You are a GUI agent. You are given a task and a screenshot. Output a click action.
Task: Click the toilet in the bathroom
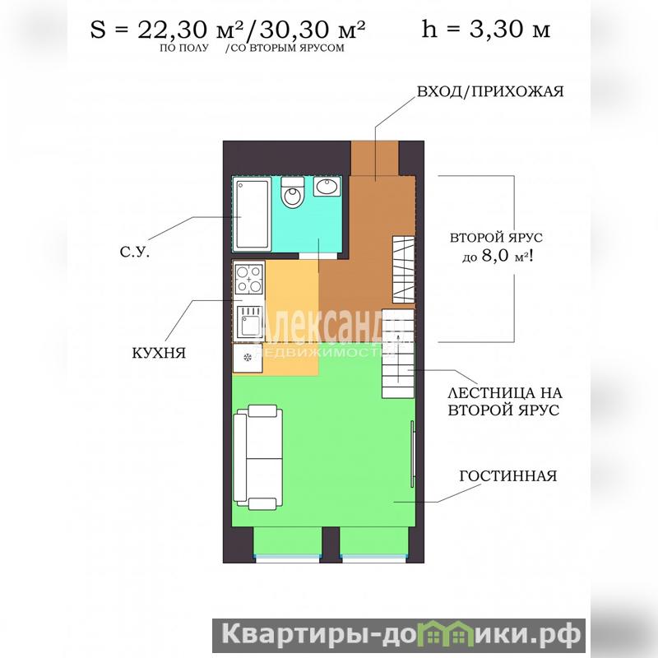[292, 192]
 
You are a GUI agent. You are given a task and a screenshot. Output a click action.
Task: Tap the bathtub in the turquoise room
[252, 214]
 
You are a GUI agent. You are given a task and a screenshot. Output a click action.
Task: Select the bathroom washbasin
[327, 187]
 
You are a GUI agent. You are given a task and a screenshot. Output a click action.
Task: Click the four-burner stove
[249, 279]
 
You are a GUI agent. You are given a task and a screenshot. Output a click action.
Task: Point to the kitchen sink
[250, 322]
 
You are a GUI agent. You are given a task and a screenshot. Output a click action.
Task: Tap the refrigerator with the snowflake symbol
[248, 358]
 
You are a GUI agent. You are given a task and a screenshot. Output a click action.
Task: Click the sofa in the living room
[257, 457]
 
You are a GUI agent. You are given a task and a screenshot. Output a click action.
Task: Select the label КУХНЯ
[159, 354]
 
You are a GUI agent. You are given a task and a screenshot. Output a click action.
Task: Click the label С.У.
[134, 253]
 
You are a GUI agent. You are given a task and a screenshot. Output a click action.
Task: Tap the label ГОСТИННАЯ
[508, 476]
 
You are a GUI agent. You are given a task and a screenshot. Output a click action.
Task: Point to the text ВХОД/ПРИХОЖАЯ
[489, 91]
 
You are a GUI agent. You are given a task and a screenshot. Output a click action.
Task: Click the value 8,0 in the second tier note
[495, 255]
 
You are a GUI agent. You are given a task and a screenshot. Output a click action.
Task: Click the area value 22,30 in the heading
[173, 30]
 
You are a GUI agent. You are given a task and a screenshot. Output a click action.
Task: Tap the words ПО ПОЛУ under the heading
[183, 48]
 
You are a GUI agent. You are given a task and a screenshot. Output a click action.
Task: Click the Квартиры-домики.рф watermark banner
[399, 635]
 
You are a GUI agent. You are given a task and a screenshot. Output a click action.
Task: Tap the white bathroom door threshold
[318, 256]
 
